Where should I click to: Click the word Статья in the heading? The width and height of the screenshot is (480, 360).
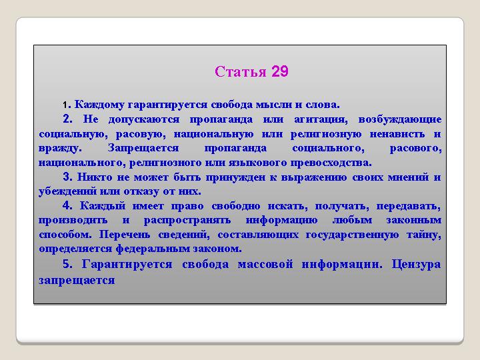click(x=240, y=71)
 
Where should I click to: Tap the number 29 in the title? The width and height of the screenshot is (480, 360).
click(x=280, y=71)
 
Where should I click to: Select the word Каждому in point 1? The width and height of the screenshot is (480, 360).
click(x=99, y=105)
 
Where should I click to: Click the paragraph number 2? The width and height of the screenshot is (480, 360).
click(x=67, y=119)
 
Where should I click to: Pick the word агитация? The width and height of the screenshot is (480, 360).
click(x=321, y=119)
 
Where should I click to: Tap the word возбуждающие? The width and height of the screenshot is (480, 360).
click(x=400, y=120)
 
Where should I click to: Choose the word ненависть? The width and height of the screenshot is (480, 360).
click(x=397, y=134)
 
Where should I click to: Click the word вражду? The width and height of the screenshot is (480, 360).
click(x=60, y=149)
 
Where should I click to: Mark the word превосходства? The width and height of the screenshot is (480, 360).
click(x=331, y=163)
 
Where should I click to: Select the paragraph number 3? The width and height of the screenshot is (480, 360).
click(x=67, y=177)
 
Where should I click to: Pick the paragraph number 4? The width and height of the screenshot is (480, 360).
click(x=67, y=205)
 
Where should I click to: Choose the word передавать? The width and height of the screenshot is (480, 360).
click(x=409, y=206)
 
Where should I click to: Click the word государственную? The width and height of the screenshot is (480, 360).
click(x=353, y=235)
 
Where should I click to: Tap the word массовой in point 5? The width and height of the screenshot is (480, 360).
click(x=265, y=264)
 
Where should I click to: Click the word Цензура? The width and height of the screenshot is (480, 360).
click(x=416, y=265)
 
